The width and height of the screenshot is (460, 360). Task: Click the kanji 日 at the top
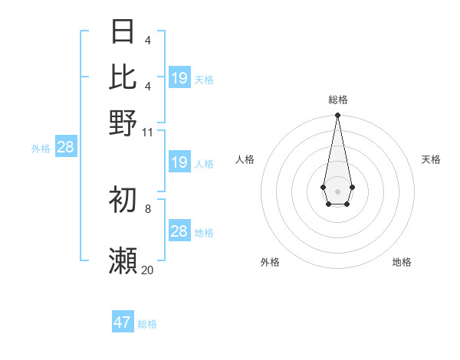click(123, 31)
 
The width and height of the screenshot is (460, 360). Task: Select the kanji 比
click(123, 77)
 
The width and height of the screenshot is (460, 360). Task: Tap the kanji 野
click(123, 123)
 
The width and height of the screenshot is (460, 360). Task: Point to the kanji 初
click(123, 199)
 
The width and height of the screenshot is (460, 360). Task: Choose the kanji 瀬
click(123, 261)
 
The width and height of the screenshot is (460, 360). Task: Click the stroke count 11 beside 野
click(148, 132)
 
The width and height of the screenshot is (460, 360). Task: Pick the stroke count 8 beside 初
click(148, 208)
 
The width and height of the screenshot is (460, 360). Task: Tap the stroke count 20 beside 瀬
click(148, 270)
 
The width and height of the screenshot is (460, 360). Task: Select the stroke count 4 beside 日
click(148, 40)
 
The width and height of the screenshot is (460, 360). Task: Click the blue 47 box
click(123, 322)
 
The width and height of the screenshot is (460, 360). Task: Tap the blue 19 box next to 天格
click(179, 78)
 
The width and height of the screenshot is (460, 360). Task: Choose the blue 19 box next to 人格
click(179, 162)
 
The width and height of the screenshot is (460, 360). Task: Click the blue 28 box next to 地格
click(179, 231)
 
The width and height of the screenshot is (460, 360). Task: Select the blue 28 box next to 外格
click(66, 148)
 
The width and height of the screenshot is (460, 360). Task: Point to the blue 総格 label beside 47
click(147, 324)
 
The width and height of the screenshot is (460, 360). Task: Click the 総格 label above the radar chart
click(338, 100)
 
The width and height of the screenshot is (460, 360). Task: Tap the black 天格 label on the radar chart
click(432, 159)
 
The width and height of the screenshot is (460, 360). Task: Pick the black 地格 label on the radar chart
click(402, 262)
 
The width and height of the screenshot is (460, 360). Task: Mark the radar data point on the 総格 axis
click(337, 116)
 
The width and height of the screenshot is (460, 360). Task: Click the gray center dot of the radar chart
click(337, 191)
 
